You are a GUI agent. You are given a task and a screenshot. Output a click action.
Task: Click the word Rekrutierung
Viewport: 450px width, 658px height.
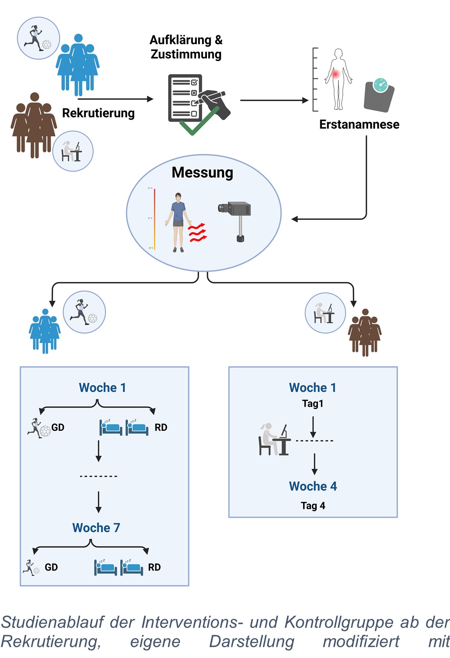coord(98,113)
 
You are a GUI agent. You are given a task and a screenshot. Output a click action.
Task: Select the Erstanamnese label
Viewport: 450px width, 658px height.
coord(359,124)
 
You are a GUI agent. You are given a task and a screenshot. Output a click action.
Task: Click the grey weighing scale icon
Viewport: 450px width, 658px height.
coord(379,95)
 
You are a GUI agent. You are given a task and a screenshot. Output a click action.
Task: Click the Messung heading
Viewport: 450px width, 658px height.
coord(202,172)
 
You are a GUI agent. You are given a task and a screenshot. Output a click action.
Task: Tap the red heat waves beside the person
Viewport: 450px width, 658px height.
coord(197,233)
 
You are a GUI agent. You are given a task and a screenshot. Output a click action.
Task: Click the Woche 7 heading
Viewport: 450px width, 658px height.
coord(96,528)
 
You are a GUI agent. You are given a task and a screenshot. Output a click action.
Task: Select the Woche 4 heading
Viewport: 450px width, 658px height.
coord(313,486)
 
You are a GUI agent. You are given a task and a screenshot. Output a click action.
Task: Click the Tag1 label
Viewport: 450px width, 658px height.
coord(313,404)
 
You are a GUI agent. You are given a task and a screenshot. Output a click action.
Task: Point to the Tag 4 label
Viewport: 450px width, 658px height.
coord(313,506)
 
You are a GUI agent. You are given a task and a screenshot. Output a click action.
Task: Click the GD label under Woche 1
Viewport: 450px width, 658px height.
coord(58,427)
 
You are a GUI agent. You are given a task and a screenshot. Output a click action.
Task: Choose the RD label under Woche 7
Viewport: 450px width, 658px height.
coord(154,567)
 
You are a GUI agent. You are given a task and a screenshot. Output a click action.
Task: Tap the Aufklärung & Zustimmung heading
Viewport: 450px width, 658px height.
coord(186,47)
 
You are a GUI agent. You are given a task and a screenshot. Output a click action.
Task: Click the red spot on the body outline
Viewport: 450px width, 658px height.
coord(336,74)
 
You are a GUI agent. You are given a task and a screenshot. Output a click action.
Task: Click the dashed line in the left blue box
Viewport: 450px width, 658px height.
coord(99,476)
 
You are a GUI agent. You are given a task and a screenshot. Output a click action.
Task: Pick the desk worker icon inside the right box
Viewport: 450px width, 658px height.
coord(274,440)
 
